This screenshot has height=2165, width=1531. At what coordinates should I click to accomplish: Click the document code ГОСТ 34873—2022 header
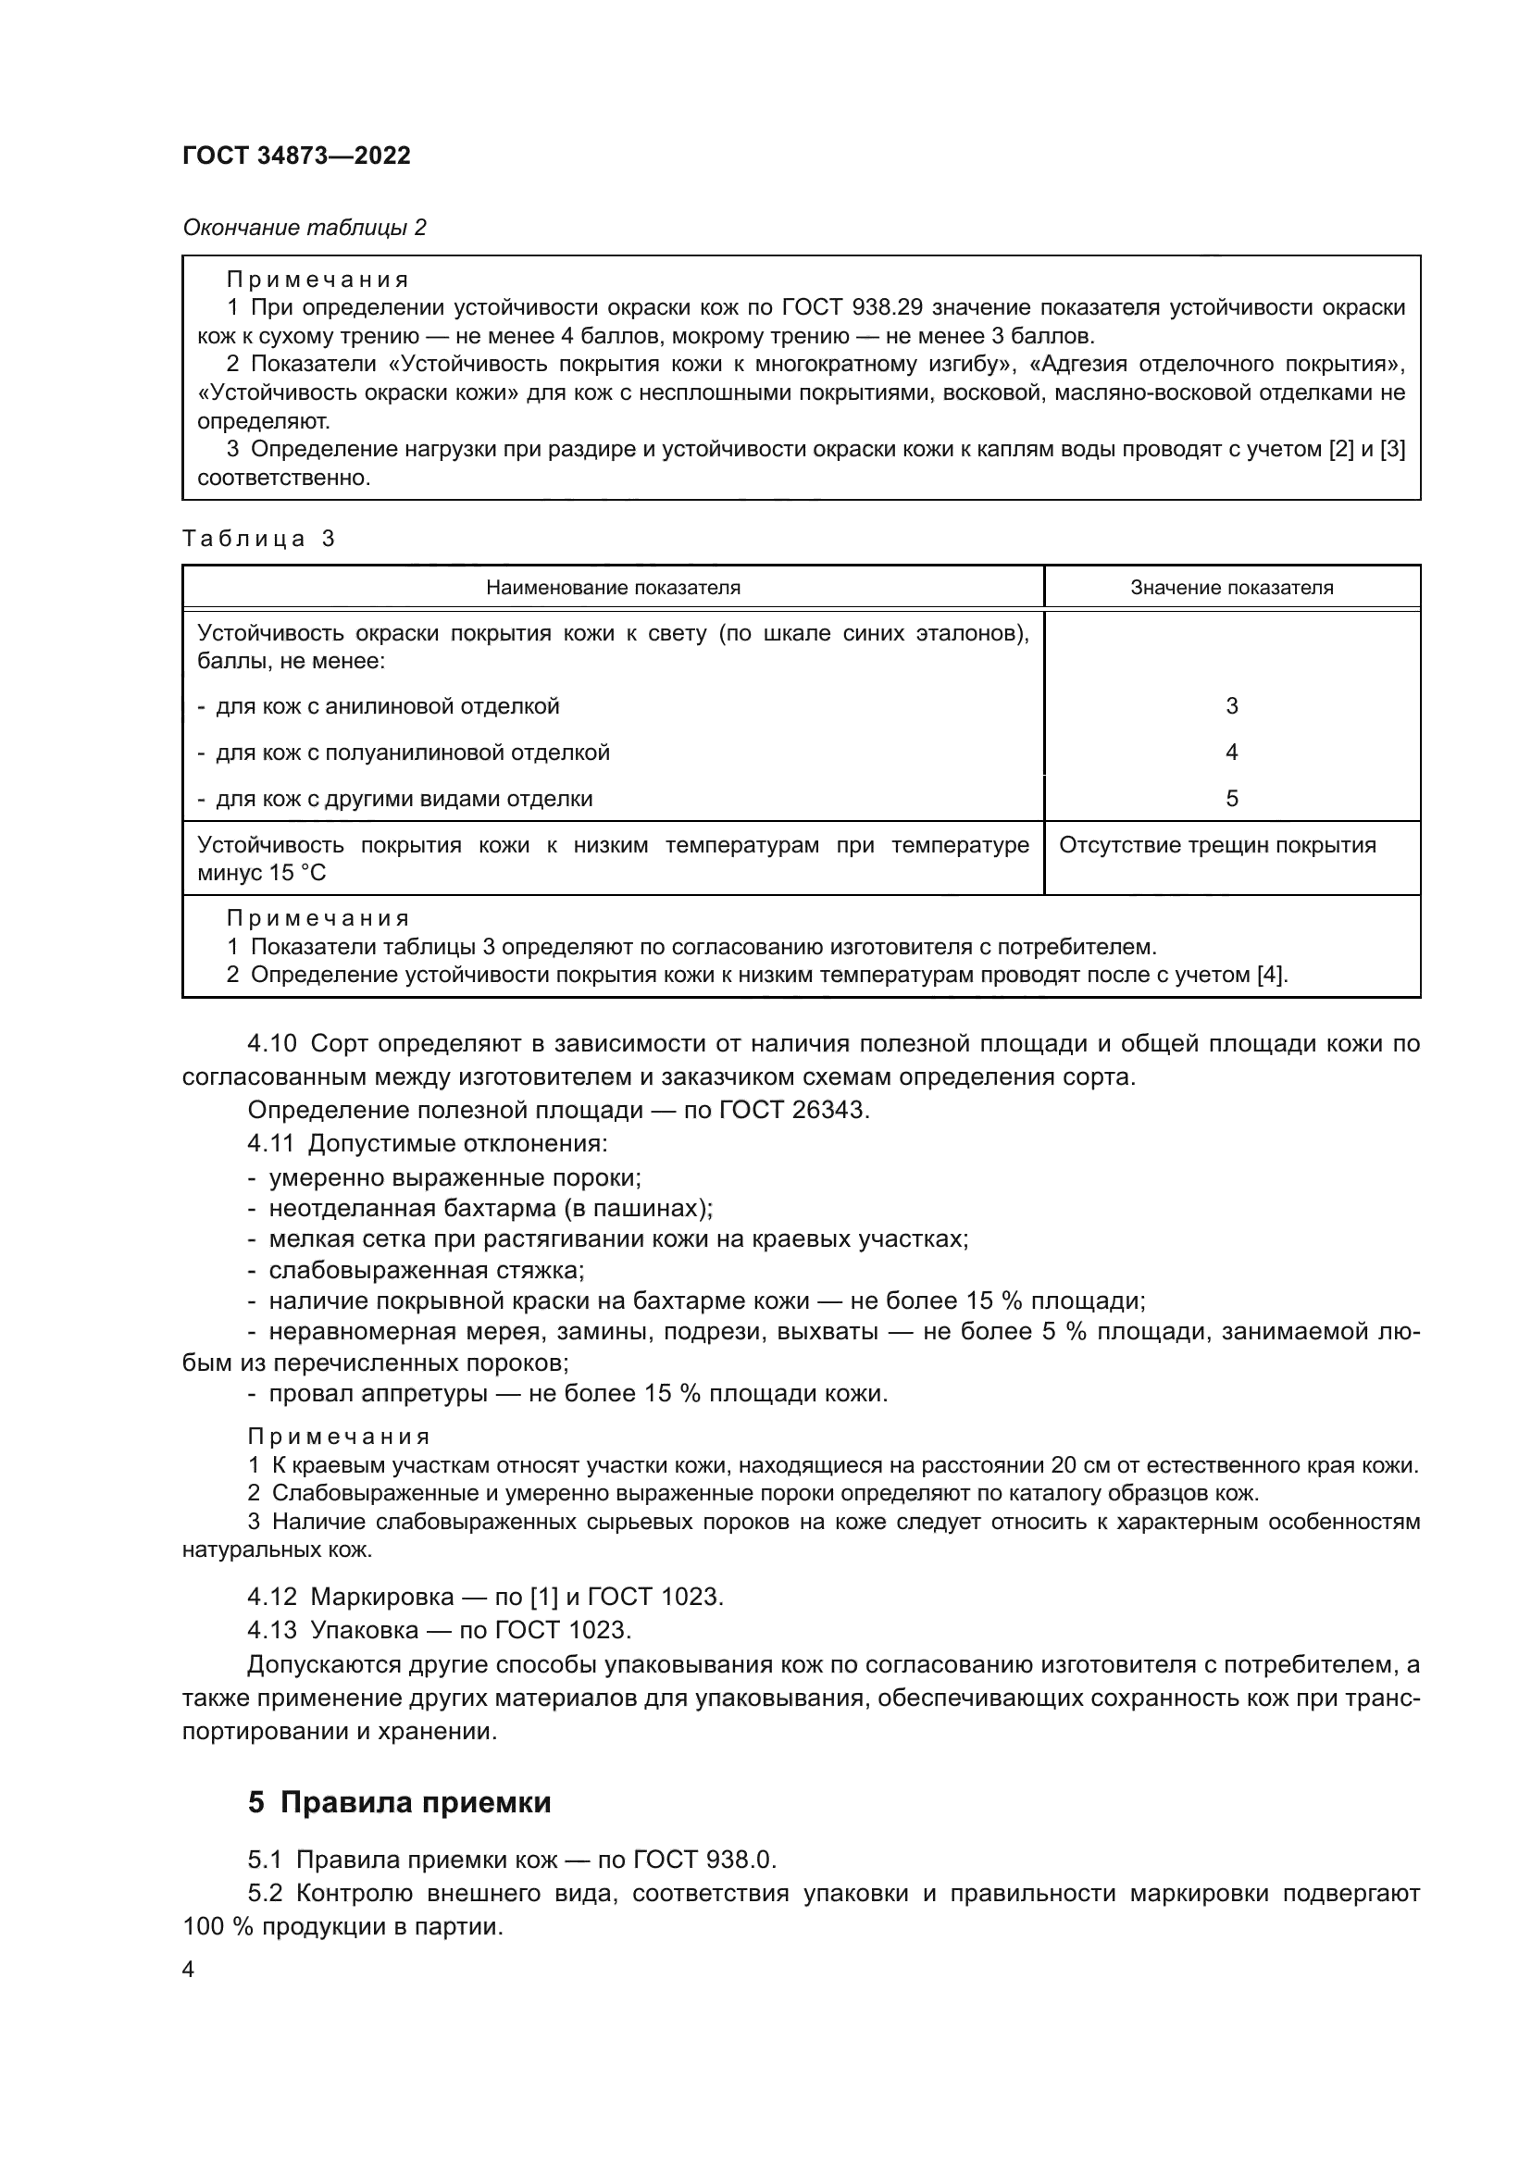coord(296,156)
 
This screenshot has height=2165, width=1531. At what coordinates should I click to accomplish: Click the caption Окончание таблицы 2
coord(304,228)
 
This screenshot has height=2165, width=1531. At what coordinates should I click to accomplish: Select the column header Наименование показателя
coord(613,588)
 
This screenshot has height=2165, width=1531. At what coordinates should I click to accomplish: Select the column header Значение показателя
coord(1231,588)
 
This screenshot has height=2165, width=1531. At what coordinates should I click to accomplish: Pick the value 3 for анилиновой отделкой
coord(1231,706)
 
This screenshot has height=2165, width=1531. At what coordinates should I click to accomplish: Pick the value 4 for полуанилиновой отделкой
coord(1231,753)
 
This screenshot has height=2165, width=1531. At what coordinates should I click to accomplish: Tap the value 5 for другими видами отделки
coord(1231,799)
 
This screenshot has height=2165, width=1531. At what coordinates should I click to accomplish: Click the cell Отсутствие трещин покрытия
coord(1217,845)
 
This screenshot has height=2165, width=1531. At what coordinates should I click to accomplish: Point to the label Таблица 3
coord(258,539)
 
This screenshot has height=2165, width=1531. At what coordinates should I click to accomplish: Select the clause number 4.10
coord(271,1044)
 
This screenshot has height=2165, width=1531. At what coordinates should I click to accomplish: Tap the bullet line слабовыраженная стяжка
coord(425,1270)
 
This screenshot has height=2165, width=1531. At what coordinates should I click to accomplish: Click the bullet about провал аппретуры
coord(577,1394)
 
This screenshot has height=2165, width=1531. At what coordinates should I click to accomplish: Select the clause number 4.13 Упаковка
coord(271,1629)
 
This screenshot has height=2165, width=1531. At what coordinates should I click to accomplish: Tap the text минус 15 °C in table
coord(261,873)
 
